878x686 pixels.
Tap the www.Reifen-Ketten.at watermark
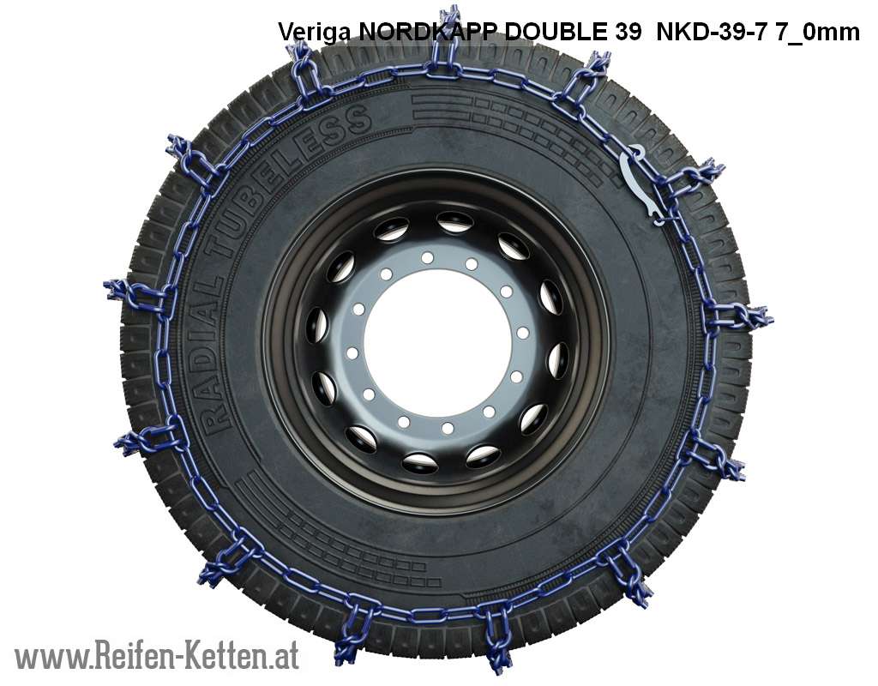tap(157, 656)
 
